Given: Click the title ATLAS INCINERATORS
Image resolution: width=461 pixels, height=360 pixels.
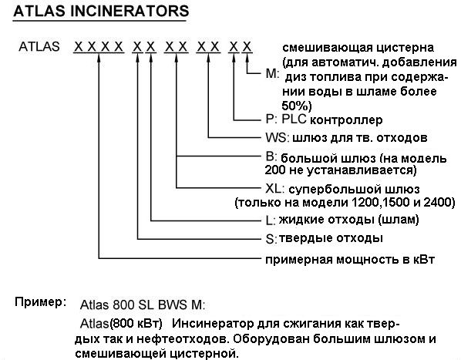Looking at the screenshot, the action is click(x=101, y=11).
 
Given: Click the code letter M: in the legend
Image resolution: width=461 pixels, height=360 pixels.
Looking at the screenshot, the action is click(x=271, y=74).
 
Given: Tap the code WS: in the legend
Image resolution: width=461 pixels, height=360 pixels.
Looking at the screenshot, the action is click(x=277, y=137).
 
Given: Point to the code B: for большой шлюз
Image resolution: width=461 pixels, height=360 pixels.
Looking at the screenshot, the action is click(x=271, y=156).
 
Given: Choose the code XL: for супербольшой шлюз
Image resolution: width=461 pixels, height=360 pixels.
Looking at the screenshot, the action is click(x=274, y=189).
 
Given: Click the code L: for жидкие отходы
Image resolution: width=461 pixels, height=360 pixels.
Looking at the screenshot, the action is click(x=271, y=220).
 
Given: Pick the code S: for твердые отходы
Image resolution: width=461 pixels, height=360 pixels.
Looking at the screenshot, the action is click(x=271, y=239).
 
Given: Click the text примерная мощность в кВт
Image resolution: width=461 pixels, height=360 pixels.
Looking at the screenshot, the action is click(x=350, y=260).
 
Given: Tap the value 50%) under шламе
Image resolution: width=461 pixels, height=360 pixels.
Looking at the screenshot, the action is click(x=297, y=106).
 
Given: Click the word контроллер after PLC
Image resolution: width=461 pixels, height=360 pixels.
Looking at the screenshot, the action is click(x=346, y=120).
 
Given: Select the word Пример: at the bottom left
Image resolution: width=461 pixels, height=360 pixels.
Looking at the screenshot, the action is click(x=41, y=302).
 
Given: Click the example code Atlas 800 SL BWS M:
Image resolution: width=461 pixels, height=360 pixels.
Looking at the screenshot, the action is click(x=143, y=305).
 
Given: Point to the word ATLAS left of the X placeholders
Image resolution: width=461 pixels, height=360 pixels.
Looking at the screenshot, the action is click(x=39, y=47).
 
